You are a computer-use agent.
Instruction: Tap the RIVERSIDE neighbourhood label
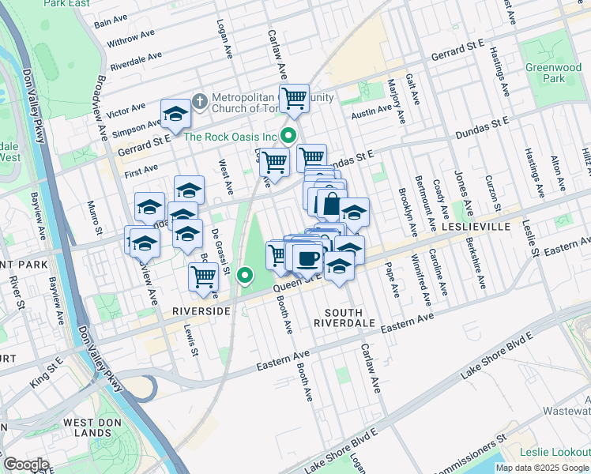click(201, 311)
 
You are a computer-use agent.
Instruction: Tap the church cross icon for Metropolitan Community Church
click(199, 101)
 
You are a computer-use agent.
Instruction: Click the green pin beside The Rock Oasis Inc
click(289, 136)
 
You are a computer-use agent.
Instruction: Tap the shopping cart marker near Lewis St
click(204, 276)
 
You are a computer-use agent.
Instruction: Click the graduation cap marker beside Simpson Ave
click(175, 114)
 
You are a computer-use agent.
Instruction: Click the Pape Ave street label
click(393, 281)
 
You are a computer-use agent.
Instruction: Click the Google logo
click(25, 464)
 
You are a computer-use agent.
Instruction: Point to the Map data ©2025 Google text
click(542, 468)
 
